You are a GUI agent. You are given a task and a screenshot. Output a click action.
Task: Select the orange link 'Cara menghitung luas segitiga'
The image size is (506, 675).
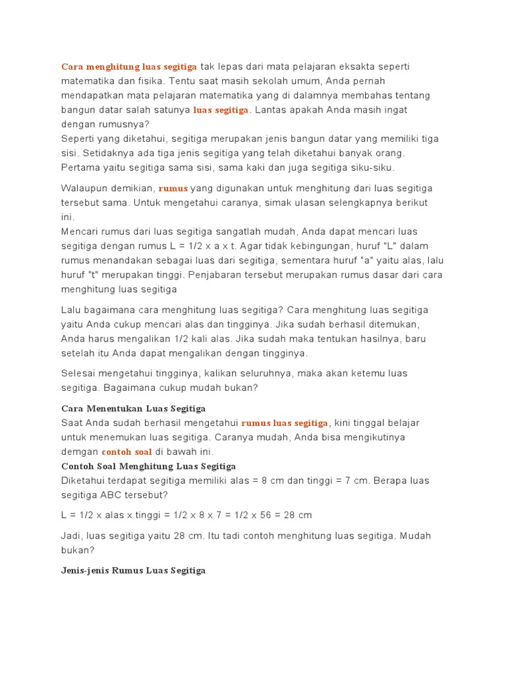pos(129,67)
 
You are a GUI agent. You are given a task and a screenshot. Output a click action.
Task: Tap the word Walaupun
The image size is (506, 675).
pos(84,189)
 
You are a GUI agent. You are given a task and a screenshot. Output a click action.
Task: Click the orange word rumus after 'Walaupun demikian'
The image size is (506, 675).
pos(173,189)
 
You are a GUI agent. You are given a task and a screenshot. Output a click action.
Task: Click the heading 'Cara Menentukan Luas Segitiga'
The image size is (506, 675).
pos(133,409)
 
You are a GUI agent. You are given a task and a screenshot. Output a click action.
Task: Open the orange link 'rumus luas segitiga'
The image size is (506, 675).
pos(285,423)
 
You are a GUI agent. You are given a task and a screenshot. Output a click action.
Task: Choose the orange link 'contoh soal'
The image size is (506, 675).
pos(126,452)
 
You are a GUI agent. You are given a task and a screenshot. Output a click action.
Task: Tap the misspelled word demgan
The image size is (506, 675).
pos(80,452)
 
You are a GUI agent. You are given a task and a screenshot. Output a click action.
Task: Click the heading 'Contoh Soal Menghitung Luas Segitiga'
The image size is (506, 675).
pos(148,467)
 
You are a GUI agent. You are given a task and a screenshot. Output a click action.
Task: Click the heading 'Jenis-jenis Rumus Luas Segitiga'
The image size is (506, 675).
pos(133,571)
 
